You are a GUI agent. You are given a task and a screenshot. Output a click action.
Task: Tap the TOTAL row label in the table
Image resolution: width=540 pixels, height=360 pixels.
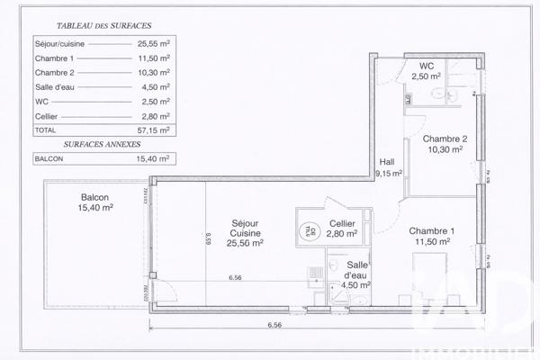pos(45,130)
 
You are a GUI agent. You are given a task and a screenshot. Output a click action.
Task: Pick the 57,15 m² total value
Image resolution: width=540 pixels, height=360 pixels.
pos(148,130)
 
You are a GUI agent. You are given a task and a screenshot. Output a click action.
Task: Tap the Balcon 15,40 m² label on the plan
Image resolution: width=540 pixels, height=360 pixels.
pos(94,202)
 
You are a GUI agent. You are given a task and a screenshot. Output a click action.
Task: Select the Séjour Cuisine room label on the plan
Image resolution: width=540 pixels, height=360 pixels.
pos(245,231)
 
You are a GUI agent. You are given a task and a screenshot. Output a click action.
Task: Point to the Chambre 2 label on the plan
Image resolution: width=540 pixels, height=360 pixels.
pos(444,144)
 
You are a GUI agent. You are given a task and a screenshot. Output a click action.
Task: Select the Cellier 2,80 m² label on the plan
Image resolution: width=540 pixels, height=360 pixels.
pos(342,229)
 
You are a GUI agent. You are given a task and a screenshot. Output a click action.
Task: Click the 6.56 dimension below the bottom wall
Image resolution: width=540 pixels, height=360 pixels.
pos(269,326)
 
